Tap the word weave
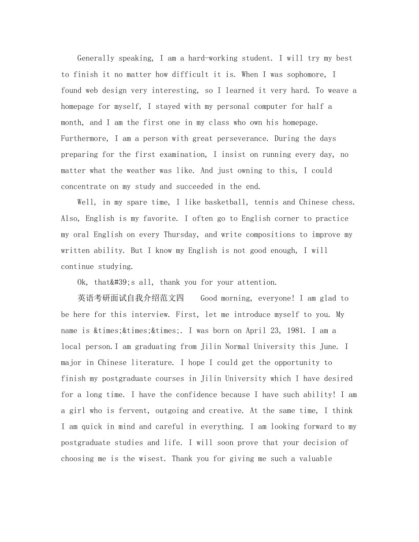(x=338, y=90)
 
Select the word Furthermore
(x=83, y=138)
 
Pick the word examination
(x=182, y=154)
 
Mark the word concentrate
(x=83, y=186)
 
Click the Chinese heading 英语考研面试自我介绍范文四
(x=131, y=298)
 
